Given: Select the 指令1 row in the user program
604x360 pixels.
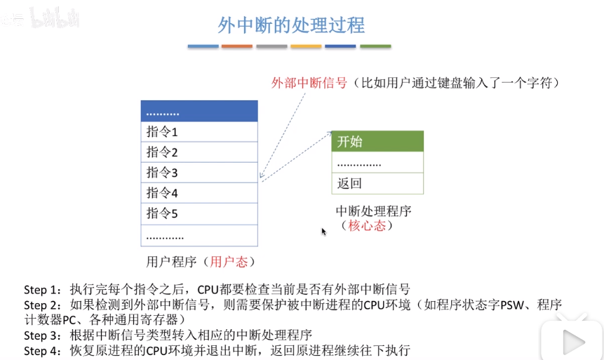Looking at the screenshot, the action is (x=199, y=132).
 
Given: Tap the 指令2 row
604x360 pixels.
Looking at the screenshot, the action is (x=199, y=152).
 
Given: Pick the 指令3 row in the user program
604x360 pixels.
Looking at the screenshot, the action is (x=199, y=173).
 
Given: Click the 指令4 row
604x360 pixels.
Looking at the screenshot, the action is (x=199, y=193).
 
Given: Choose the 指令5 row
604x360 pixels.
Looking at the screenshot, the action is (x=199, y=213).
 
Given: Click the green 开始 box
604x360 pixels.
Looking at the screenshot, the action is (x=377, y=141).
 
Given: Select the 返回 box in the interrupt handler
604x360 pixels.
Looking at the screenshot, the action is (x=377, y=184).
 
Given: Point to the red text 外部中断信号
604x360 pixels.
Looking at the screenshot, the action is (x=309, y=82).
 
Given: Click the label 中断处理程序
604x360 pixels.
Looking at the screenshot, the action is (x=373, y=211).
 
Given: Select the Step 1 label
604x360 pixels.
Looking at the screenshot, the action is (x=43, y=289).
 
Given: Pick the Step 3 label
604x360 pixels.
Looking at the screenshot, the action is (x=43, y=334).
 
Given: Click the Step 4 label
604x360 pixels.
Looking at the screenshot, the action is (x=43, y=349).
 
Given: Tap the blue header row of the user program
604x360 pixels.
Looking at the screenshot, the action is (x=199, y=112).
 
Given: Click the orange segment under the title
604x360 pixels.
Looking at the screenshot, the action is (x=237, y=46).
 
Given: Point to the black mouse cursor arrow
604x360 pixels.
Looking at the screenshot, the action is (x=323, y=232).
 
